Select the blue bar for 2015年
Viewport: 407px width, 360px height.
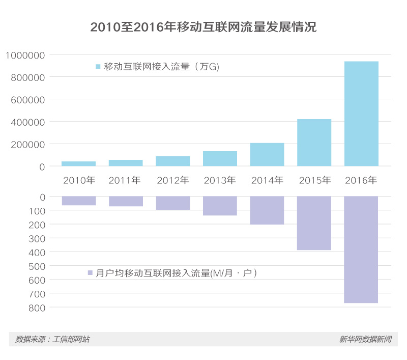[x=314, y=143]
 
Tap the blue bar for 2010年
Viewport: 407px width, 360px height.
[x=78, y=163]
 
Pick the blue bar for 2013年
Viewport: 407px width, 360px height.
[x=220, y=158]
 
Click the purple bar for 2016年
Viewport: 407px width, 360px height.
[x=361, y=250]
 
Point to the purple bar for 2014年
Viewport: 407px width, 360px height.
[x=267, y=210]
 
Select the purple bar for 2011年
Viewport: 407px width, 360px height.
[x=126, y=201]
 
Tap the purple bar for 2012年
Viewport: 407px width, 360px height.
[x=172, y=203]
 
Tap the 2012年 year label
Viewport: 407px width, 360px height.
[x=172, y=180]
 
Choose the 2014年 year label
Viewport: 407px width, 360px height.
[x=267, y=180]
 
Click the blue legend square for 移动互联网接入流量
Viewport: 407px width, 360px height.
[x=98, y=67]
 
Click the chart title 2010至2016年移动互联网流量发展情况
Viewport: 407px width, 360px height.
[x=203, y=27]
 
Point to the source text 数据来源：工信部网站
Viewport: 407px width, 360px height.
[x=52, y=339]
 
